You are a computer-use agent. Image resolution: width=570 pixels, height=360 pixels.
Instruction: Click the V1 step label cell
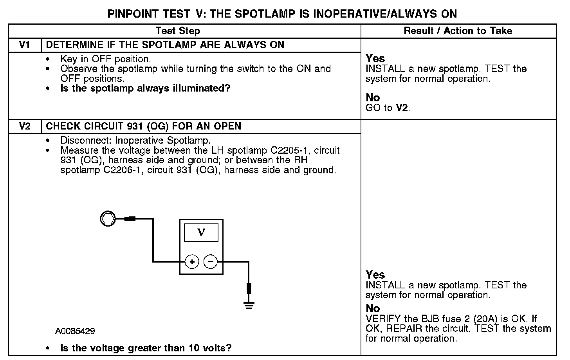[25, 45]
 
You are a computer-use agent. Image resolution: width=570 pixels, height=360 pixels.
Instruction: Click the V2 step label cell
[25, 126]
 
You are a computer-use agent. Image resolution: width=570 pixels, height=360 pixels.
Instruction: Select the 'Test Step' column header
[178, 31]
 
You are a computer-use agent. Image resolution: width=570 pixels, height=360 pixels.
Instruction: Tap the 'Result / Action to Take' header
[458, 31]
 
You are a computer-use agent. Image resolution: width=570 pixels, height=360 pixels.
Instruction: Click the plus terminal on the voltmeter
[192, 262]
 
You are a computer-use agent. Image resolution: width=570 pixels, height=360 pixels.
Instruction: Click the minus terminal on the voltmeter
[211, 262]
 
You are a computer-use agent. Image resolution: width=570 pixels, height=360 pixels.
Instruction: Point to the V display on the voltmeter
[201, 233]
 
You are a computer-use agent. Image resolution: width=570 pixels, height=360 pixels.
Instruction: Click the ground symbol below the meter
[248, 304]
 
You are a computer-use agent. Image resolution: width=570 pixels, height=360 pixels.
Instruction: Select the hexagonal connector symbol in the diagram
[108, 219]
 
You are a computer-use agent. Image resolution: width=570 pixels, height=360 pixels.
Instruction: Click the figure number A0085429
[75, 331]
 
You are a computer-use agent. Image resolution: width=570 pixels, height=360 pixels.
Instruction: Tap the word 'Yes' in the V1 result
[375, 59]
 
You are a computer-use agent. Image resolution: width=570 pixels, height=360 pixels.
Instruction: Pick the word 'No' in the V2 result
[373, 308]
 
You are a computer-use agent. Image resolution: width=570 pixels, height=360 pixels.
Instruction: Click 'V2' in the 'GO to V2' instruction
[402, 108]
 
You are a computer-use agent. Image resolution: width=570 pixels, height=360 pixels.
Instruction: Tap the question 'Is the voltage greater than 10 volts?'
[146, 348]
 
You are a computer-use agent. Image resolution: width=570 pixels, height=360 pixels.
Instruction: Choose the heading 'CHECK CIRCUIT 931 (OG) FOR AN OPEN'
[143, 126]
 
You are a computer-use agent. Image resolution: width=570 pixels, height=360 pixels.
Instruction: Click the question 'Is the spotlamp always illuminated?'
[145, 88]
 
